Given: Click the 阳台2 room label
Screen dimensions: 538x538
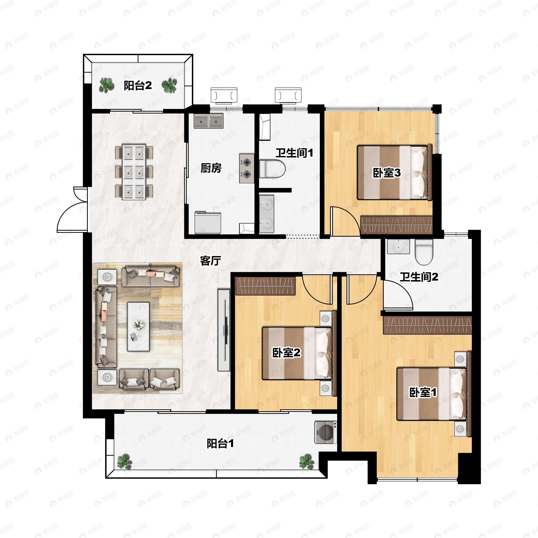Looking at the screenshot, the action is coord(138,85).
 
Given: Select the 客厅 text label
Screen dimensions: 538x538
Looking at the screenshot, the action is coord(210,261).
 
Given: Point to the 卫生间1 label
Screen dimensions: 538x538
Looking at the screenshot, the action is coord(294,153).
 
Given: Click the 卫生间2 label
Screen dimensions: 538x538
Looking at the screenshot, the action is coord(419,277).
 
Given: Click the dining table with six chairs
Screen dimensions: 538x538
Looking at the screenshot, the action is coord(134,171).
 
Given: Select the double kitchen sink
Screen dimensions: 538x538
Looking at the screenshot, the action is coord(208,121).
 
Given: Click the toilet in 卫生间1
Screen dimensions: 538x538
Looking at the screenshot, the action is coord(272,169).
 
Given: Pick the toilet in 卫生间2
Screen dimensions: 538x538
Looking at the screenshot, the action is coord(424,252).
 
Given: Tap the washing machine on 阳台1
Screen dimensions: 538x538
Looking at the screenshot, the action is coord(325,432).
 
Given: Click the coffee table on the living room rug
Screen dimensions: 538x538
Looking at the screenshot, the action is coord(138,327).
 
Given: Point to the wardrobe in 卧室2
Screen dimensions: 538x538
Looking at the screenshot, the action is coord(265,286).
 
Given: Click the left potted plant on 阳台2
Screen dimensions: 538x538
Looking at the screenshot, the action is coord(107,85).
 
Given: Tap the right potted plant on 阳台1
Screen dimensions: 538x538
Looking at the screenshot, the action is coord(307,462).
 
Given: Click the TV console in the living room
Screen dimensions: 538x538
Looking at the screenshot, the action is coord(224,330).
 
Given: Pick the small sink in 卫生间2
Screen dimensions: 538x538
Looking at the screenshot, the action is coord(398,246).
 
